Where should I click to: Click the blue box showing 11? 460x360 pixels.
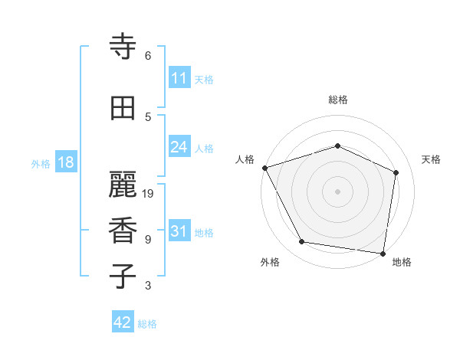click(179, 78)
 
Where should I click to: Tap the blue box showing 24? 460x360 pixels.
click(179, 147)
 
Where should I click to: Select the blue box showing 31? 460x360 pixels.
click(179, 231)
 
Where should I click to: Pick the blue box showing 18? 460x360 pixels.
click(65, 162)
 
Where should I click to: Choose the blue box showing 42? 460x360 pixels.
click(123, 322)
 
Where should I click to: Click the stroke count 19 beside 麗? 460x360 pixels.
click(149, 194)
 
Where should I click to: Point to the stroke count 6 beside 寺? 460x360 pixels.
click(148, 56)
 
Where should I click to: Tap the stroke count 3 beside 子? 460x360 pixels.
click(148, 286)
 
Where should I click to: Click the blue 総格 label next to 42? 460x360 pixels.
click(147, 324)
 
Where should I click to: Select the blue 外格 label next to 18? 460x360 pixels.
click(41, 163)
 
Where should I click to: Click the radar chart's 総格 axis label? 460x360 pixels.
click(337, 100)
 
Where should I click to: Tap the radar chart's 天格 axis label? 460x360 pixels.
click(432, 159)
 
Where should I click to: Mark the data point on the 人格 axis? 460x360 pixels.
click(264, 168)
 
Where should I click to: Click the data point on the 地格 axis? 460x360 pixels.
click(383, 253)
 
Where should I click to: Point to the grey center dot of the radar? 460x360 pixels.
click(337, 191)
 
